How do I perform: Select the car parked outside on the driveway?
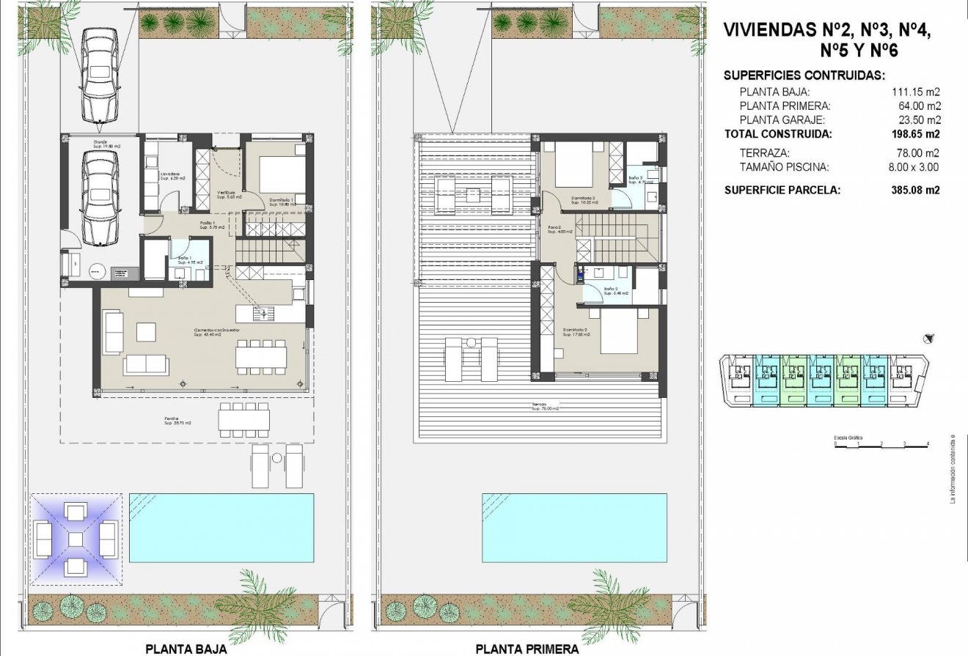[x=100, y=75]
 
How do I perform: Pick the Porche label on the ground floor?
[x=177, y=421]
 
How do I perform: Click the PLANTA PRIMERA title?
[x=527, y=649]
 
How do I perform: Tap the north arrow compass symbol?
[x=930, y=338]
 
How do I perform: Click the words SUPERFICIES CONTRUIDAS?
[x=804, y=75]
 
